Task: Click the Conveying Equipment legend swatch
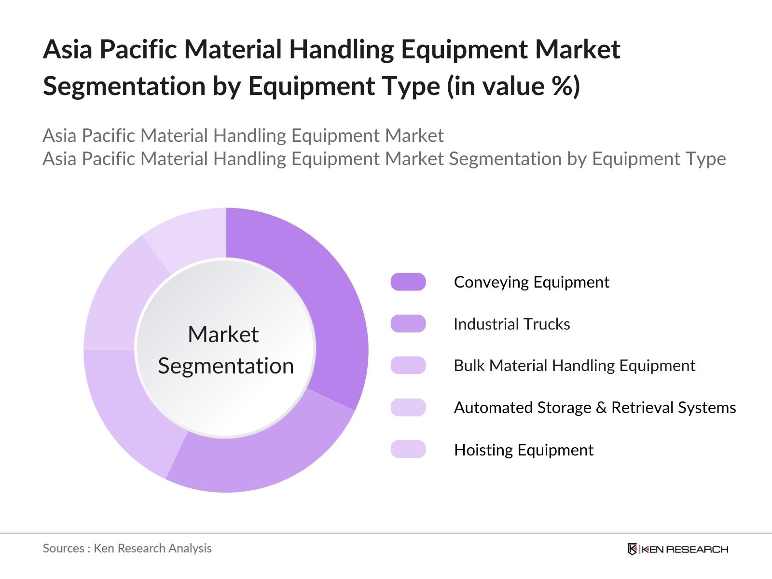point(408,282)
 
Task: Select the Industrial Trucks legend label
point(511,324)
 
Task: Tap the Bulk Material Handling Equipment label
point(574,366)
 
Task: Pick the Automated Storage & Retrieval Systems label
point(594,408)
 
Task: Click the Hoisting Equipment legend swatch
point(408,449)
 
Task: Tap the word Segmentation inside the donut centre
point(226,366)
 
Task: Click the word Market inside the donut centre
point(223,334)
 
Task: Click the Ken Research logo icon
point(632,549)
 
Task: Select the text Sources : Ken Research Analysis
point(127,548)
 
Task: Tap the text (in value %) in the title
point(513,86)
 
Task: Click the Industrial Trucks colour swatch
point(408,324)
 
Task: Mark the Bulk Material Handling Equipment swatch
point(408,366)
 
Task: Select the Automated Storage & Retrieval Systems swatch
point(408,408)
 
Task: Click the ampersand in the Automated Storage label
point(601,408)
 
